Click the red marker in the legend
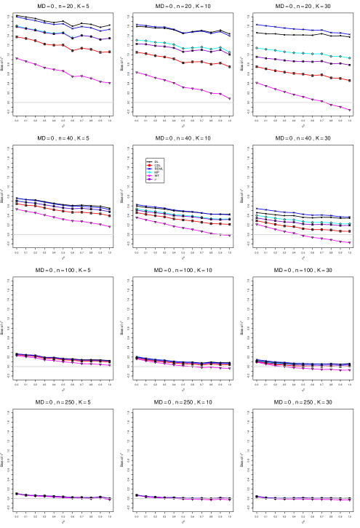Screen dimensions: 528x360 (x=149, y=165)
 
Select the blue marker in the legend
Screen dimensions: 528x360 (x=149, y=169)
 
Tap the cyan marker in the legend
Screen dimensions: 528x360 (x=149, y=172)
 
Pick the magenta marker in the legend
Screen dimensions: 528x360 (x=149, y=176)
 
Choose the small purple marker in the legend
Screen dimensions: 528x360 (x=149, y=179)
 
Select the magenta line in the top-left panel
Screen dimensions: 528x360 (x=44, y=67)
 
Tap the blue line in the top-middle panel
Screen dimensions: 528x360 (x=167, y=28)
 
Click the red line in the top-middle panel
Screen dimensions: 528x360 (x=167, y=57)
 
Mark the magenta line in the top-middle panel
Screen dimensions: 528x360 (x=167, y=81)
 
